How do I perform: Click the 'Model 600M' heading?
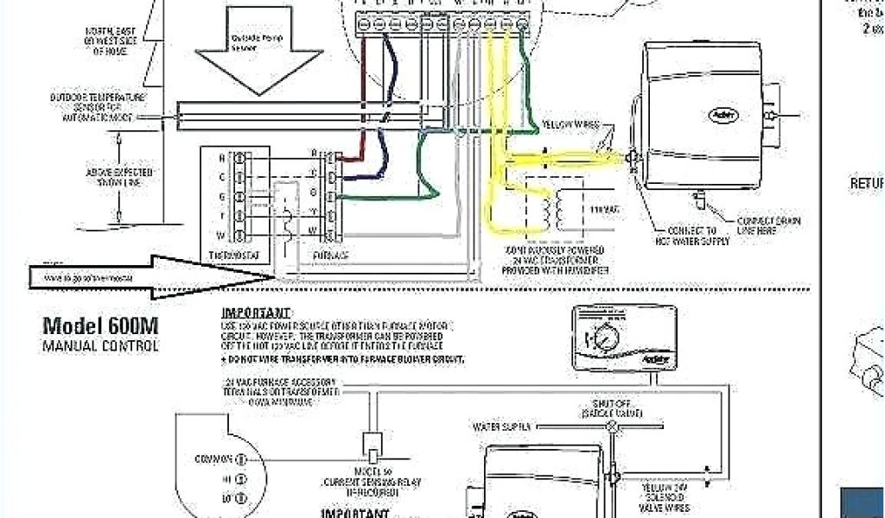tap(100, 325)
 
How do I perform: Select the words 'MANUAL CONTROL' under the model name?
tap(100, 346)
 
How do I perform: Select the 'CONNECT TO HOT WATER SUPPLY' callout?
tap(698, 236)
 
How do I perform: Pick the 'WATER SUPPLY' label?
tap(506, 426)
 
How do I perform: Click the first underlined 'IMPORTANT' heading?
tap(257, 313)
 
